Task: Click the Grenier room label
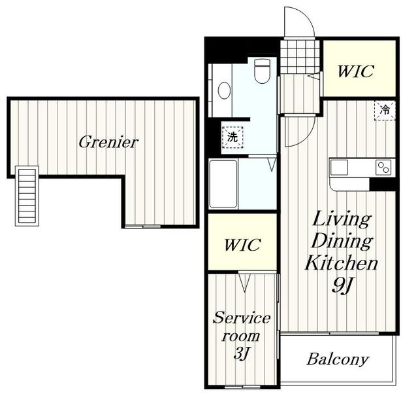[x=108, y=142]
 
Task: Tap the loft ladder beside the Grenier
[x=27, y=196]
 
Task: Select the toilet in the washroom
[x=263, y=71]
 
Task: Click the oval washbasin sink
[x=224, y=90]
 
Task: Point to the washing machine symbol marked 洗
[x=233, y=137]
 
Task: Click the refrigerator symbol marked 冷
[x=385, y=111]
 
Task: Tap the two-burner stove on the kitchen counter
[x=383, y=168]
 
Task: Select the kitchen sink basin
[x=339, y=168]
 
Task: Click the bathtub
[x=223, y=184]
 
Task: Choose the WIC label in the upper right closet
[x=355, y=71]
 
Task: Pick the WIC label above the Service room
[x=242, y=245]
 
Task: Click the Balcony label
[x=338, y=359]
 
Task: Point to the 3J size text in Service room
[x=241, y=353]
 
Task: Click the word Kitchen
[x=341, y=262]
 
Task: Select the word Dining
[x=342, y=241]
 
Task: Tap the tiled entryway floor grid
[x=300, y=57]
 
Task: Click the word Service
[x=242, y=317]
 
